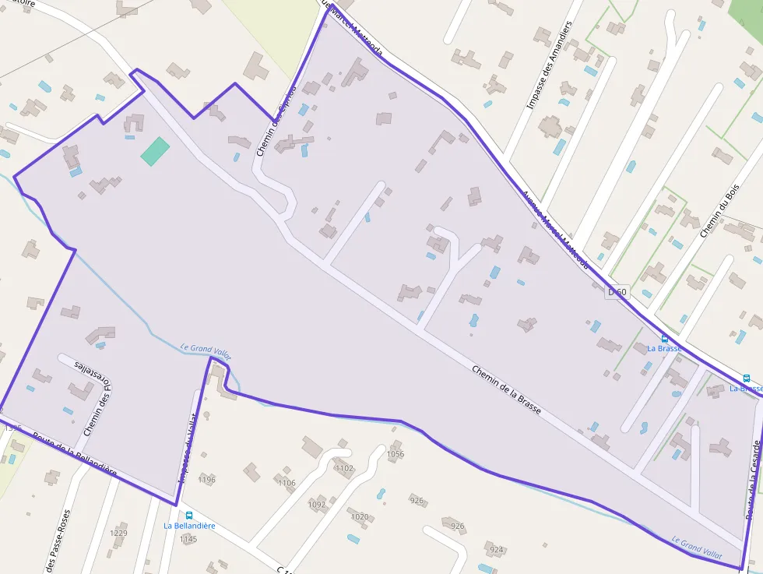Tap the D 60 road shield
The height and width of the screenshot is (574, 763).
(x=617, y=292)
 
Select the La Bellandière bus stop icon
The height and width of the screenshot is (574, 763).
(x=188, y=515)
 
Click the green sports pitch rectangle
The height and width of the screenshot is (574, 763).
(x=155, y=151)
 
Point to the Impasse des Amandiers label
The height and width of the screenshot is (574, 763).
(x=549, y=64)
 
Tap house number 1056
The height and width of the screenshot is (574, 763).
(x=396, y=454)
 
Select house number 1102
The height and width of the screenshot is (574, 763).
(x=343, y=468)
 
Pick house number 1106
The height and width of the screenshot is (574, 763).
(x=287, y=483)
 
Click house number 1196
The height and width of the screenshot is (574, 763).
(x=206, y=479)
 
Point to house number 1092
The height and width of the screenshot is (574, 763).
(x=317, y=505)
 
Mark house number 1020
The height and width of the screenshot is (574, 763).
(x=360, y=516)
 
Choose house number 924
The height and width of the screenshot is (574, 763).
(x=497, y=550)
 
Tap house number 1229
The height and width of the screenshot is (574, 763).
(x=118, y=533)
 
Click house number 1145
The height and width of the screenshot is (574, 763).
(x=188, y=539)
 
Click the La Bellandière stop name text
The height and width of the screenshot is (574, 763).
(x=189, y=526)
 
